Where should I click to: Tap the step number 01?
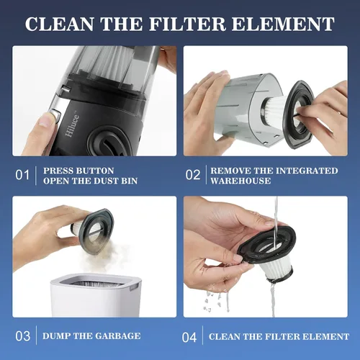(x=22, y=175)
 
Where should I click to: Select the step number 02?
(x=193, y=175)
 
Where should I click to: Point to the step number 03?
(x=23, y=336)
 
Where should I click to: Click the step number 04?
(x=189, y=338)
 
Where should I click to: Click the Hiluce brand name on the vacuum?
(x=72, y=125)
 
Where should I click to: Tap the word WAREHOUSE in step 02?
(x=240, y=181)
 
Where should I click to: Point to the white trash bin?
(x=96, y=295)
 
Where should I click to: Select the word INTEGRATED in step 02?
(x=307, y=171)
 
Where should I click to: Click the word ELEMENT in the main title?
(x=283, y=24)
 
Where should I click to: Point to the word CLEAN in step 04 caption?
(x=224, y=336)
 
